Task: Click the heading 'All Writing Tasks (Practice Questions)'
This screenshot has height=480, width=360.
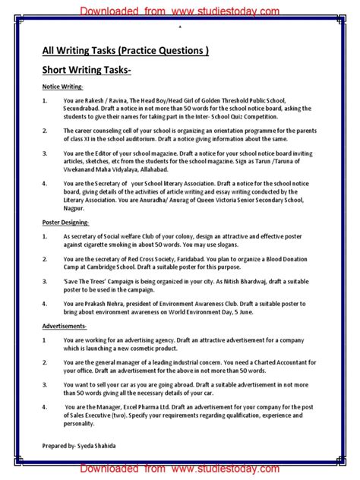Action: tap(125, 52)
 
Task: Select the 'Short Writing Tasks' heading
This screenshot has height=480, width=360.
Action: tap(86, 70)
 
